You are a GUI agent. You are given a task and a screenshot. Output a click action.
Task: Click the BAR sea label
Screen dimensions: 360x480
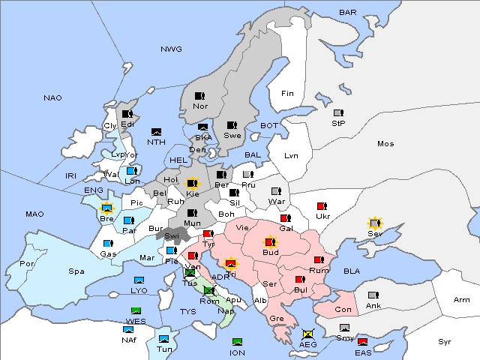coord(347,12)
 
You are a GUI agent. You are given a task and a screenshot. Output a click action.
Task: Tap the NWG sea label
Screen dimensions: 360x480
coord(171,49)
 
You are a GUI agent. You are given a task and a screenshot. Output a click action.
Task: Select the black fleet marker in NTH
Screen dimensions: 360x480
coord(157,131)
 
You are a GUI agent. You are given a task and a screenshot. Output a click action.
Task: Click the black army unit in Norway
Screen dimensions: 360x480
coord(199,96)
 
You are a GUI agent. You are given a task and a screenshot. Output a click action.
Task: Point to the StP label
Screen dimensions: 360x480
coord(338,123)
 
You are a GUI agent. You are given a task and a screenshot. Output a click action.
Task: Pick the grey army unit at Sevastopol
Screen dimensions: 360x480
coord(374,223)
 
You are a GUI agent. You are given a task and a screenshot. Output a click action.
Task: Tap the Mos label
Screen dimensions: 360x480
coord(385,143)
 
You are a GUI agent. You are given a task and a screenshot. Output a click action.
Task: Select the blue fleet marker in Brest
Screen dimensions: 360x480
coord(106,208)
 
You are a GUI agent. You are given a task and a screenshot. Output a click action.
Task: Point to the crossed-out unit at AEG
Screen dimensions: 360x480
coord(307,333)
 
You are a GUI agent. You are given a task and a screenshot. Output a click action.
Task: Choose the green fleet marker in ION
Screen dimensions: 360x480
coord(237,342)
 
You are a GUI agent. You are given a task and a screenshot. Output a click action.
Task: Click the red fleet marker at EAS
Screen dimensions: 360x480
coord(362,342)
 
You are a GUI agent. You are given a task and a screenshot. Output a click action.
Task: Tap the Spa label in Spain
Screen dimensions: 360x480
coord(76,271)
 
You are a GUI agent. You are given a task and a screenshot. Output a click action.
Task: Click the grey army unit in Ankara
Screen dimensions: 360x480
coord(373,295)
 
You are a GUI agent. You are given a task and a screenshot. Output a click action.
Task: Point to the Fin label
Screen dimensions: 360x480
coord(286,94)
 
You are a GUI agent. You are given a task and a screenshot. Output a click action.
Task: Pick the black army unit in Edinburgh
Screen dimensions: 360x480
coord(127,115)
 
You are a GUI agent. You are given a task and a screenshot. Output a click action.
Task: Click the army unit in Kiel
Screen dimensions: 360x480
coord(192,183)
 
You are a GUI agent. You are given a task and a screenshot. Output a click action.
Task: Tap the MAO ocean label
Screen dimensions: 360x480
coord(34,214)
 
